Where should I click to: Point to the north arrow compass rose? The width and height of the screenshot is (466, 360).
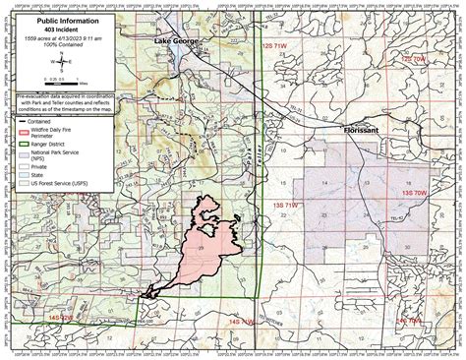pos(62,60)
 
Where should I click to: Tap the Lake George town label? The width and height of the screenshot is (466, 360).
pos(175,40)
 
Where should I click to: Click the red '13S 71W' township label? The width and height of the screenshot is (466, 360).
pos(278,192)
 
